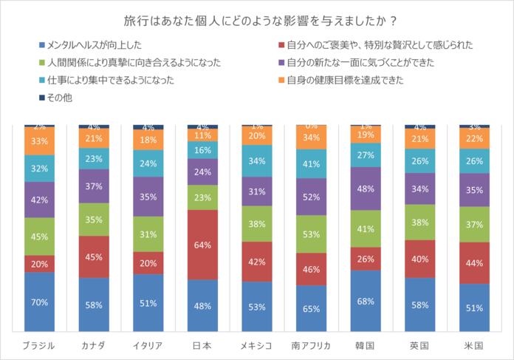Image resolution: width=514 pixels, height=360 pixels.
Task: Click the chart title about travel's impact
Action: coord(256,18)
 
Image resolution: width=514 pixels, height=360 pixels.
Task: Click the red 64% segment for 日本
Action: coord(202,245)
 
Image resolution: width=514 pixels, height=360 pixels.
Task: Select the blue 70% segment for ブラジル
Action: coord(39,302)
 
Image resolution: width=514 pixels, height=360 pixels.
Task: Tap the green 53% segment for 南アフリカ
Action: coord(311,234)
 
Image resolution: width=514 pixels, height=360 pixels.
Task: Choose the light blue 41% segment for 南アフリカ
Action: coord(311,163)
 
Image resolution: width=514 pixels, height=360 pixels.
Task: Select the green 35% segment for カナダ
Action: coord(94,220)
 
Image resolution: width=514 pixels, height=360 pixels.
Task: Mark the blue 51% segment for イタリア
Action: coord(148,302)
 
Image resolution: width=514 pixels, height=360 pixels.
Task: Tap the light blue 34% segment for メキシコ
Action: coord(257,161)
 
